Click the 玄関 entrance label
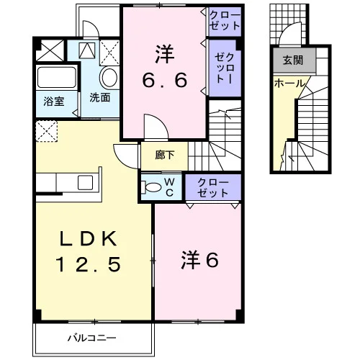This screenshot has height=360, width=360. click(x=293, y=60)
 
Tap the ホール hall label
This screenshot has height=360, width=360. click(x=289, y=84)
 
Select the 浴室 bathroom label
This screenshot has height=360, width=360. click(x=54, y=102)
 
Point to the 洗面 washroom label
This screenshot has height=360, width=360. click(x=100, y=98)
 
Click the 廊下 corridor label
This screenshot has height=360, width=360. click(x=164, y=155)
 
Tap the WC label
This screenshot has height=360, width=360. click(x=169, y=187)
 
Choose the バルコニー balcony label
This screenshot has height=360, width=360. click(x=92, y=338)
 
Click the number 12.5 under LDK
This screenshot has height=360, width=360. click(x=88, y=264)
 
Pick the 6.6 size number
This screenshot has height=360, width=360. click(x=164, y=80)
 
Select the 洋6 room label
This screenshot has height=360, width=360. click(x=199, y=260)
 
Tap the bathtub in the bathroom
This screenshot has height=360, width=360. click(x=57, y=77)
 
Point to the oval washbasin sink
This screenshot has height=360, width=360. click(x=109, y=77)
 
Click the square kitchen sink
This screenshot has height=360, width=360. click(x=85, y=183)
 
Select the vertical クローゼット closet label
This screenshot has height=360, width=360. click(x=225, y=68)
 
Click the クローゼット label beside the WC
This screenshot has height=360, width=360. click(x=213, y=188)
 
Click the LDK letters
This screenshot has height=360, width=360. click(x=88, y=238)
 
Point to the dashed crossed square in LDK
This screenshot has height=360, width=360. click(x=47, y=131)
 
